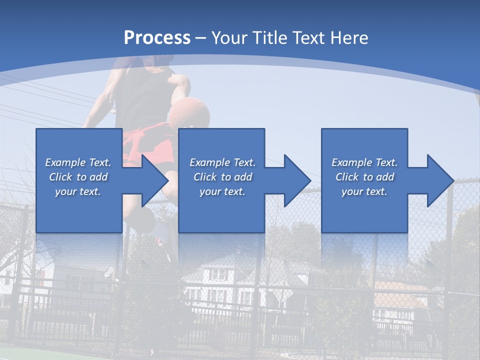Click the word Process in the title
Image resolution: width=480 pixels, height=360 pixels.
pos(157,38)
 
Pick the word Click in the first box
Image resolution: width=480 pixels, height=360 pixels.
pos(60,177)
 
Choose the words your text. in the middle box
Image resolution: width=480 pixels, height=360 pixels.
pos(222,191)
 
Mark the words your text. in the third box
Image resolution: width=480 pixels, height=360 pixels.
pos(364,191)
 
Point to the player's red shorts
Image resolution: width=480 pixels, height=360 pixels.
pos(150,145)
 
